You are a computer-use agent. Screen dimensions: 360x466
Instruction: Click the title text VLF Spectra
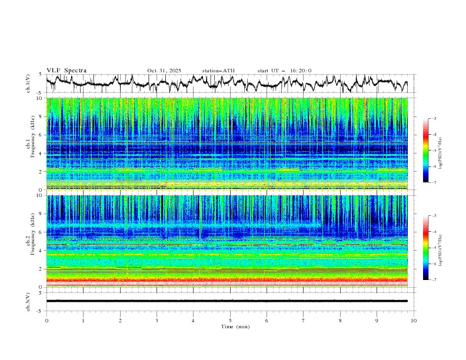(66, 71)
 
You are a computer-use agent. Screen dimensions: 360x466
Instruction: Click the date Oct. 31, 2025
(164, 71)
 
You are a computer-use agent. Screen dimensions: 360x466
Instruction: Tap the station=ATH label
(218, 71)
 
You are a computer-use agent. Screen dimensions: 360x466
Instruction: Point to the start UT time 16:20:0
(301, 71)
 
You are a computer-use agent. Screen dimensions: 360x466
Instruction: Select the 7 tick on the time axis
(303, 321)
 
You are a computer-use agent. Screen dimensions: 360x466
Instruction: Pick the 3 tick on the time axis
(157, 321)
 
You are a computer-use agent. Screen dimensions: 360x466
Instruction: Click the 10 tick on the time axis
(414, 321)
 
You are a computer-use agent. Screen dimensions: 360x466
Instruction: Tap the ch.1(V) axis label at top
(29, 84)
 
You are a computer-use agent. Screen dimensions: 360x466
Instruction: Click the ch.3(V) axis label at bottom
(29, 301)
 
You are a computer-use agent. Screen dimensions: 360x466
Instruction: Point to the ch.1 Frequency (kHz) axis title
(29, 144)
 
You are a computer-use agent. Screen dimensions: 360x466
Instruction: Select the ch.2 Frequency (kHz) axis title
(29, 241)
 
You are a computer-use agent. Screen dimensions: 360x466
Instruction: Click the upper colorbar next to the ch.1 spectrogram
(425, 151)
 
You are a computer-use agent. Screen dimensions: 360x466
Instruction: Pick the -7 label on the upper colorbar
(434, 182)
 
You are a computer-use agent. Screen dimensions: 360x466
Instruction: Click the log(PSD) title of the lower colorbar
(440, 248)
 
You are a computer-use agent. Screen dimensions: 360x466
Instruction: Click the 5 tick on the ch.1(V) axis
(40, 74)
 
